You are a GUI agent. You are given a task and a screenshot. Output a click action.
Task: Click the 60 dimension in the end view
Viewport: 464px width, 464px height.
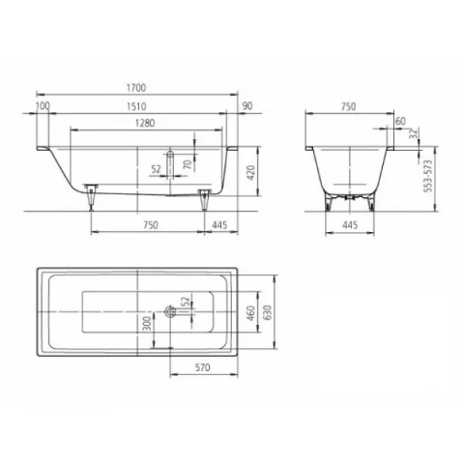(x=400, y=121)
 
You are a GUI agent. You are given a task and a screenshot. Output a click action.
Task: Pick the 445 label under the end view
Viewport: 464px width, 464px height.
(x=349, y=225)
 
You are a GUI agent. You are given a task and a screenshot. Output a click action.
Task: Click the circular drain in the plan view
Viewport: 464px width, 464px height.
(x=171, y=311)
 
